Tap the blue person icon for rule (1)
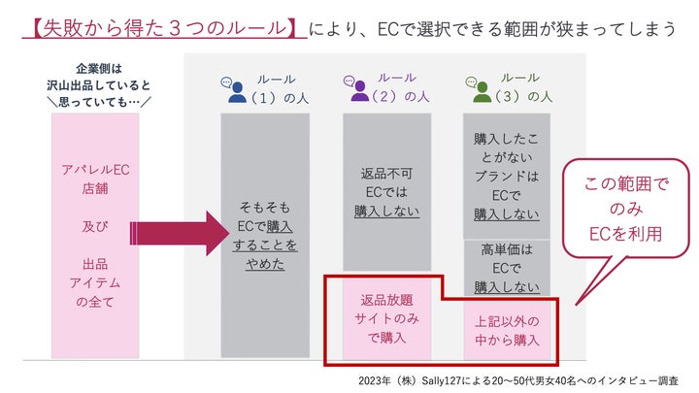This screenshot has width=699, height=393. pos(236,91)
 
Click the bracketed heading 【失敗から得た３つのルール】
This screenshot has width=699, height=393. pos(160,28)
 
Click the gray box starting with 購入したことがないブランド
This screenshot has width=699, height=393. pos(507,177)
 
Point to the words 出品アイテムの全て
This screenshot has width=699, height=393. pos(95,282)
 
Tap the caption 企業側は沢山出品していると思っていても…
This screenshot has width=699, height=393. pos(94,85)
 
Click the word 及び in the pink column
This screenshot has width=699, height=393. pos(95,230)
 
